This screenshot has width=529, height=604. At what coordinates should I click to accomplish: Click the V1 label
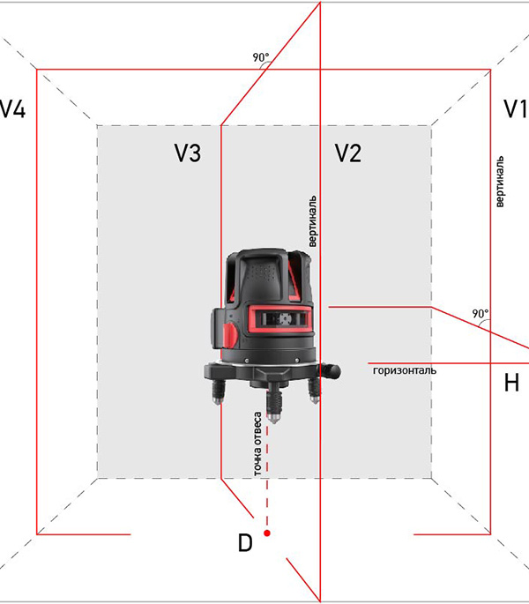tap(516, 108)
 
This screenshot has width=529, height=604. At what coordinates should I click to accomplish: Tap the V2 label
tap(348, 153)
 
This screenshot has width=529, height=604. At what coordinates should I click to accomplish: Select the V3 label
tap(187, 153)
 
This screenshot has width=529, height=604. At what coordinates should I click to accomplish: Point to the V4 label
tap(12, 108)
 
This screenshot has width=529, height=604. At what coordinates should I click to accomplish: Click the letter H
tap(511, 383)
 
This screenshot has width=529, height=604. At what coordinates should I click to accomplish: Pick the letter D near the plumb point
tap(245, 543)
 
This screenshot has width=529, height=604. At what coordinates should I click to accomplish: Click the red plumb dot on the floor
tap(266, 533)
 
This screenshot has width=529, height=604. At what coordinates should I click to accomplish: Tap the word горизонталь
tap(405, 370)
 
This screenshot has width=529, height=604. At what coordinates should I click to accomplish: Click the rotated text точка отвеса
tap(257, 444)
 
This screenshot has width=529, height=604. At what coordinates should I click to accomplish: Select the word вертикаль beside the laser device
tap(312, 221)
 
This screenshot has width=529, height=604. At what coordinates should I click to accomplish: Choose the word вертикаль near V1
tap(499, 182)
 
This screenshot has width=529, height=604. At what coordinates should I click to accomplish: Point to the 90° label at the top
tap(261, 57)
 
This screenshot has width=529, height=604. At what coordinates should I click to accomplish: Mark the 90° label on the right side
tap(481, 314)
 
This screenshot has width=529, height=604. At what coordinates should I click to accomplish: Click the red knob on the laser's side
tap(230, 334)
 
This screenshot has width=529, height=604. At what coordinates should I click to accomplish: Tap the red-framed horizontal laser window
tap(279, 318)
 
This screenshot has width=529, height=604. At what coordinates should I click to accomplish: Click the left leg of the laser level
tap(217, 391)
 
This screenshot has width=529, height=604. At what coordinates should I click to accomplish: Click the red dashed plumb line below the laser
tap(267, 475)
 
